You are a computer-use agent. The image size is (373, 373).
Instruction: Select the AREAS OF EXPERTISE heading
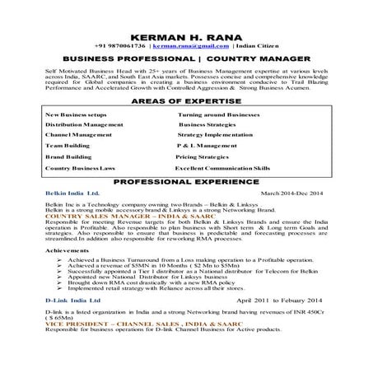coord(186,100)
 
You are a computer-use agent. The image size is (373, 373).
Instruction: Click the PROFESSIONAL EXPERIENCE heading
coord(185,180)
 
